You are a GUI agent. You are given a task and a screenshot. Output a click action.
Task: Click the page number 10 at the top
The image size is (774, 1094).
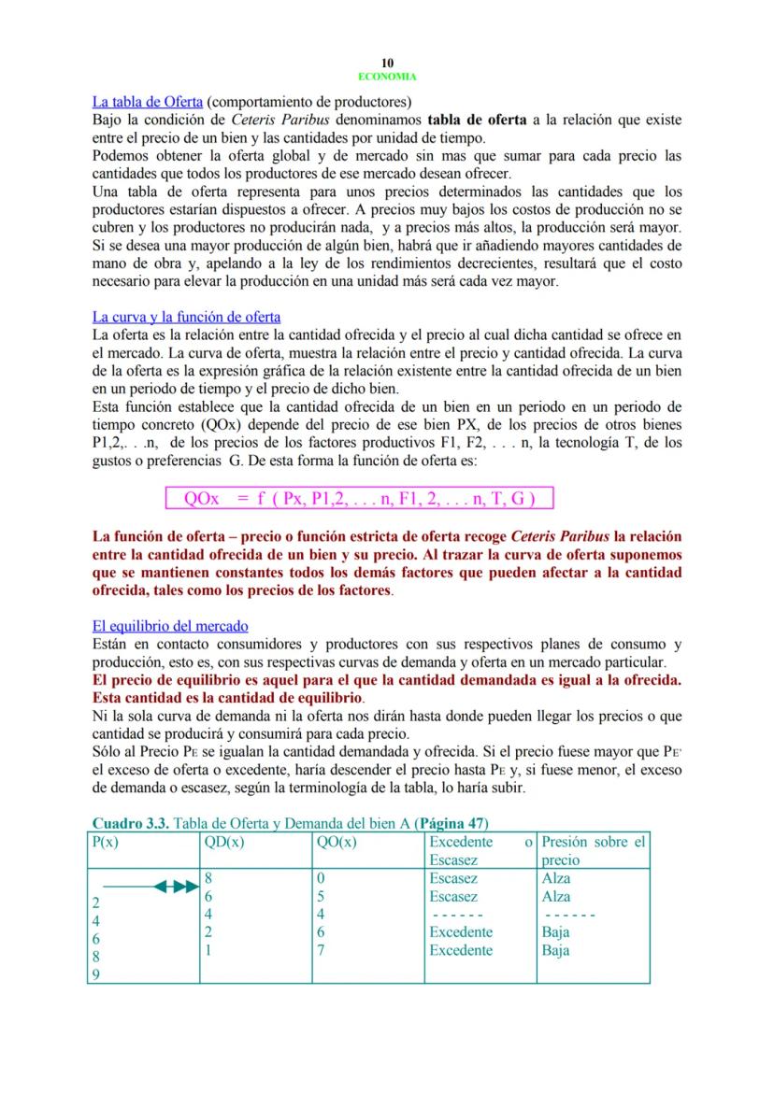click(x=387, y=64)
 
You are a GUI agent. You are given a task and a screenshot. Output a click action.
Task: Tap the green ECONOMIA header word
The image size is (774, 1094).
click(x=387, y=77)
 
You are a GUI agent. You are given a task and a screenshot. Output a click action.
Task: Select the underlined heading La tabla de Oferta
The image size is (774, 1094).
click(x=148, y=102)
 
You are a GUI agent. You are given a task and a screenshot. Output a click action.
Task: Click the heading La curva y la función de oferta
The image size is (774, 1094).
click(x=186, y=317)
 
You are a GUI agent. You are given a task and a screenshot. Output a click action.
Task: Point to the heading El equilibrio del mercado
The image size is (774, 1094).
click(x=170, y=626)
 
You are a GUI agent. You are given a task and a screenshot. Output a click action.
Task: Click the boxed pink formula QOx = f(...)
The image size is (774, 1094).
click(x=359, y=498)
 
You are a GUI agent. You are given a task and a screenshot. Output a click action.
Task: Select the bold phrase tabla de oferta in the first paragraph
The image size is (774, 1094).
click(x=477, y=120)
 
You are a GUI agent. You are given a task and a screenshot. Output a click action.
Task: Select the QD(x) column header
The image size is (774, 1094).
click(x=223, y=841)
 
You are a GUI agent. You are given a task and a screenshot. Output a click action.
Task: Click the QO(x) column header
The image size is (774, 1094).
click(x=337, y=841)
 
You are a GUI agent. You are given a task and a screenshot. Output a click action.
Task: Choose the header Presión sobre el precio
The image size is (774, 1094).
click(x=594, y=850)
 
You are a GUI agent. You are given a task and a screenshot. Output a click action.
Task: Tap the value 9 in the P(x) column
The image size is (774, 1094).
click(x=96, y=974)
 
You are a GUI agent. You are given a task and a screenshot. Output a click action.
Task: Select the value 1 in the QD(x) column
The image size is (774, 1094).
click(x=208, y=950)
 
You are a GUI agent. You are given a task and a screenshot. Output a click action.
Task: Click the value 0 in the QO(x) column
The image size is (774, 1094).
click(x=321, y=878)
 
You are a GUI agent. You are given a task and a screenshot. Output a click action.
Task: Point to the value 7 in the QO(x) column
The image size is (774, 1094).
click(x=321, y=950)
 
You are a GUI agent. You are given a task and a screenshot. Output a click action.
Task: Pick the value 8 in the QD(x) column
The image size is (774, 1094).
click(x=208, y=878)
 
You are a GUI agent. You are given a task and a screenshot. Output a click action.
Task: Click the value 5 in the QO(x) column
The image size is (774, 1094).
click(x=321, y=896)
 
